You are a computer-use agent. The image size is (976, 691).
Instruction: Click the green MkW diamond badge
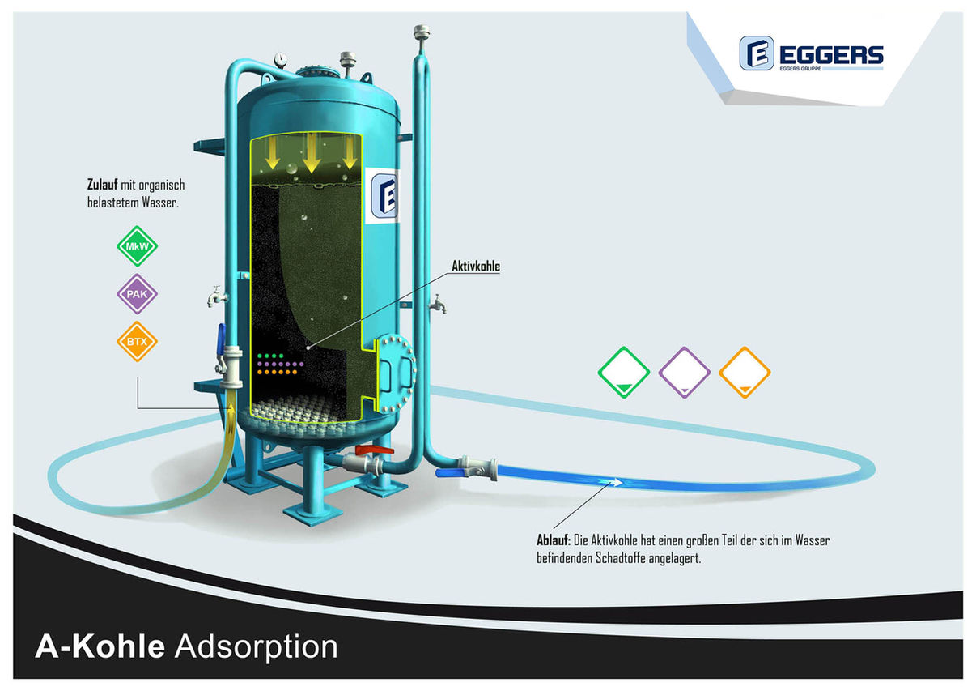tap(137, 246)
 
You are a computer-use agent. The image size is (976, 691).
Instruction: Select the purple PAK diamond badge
tap(137, 293)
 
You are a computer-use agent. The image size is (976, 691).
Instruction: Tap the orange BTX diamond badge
tap(137, 341)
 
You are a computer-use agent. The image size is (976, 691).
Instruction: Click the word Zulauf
tap(103, 185)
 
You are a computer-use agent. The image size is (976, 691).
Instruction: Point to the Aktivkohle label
tap(475, 266)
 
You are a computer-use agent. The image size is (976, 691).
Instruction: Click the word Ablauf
tap(554, 540)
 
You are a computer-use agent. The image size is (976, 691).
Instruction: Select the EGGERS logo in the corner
tap(811, 53)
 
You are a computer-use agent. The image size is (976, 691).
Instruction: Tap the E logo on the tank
tap(384, 196)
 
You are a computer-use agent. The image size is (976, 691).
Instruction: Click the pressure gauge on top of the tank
tap(281, 59)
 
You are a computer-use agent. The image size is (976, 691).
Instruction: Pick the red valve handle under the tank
tap(374, 450)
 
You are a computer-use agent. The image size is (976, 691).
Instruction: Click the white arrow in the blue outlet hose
tap(611, 482)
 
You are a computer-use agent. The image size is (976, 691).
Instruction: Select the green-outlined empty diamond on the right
tap(623, 372)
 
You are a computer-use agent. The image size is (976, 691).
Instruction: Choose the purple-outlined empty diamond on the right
tap(684, 372)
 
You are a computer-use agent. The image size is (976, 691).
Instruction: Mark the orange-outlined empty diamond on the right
tap(745, 372)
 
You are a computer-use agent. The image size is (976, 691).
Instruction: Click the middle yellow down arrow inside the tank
tap(311, 152)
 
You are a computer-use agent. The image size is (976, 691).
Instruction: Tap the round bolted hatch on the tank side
tap(395, 373)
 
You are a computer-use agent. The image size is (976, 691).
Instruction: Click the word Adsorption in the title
tap(257, 647)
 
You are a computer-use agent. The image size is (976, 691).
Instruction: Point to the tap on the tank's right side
tap(438, 304)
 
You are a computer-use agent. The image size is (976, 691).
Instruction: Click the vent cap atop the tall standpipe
tap(422, 32)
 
